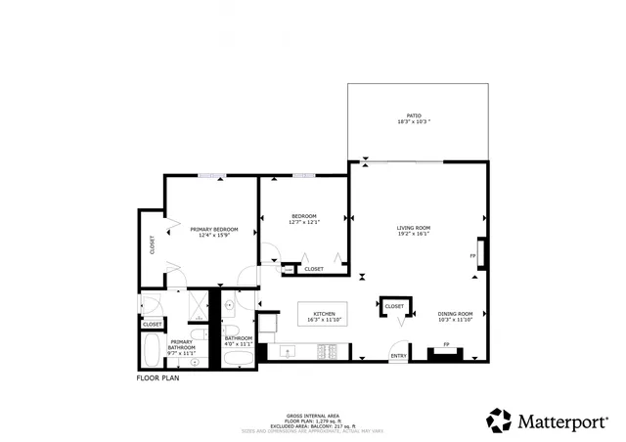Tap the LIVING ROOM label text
point(414,231)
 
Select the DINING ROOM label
point(455,316)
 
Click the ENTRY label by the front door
point(399,356)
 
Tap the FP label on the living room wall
point(472,256)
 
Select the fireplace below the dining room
point(447,353)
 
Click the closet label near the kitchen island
point(394,306)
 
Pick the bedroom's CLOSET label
point(314,269)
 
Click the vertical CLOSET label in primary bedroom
point(153,244)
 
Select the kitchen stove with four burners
point(329,351)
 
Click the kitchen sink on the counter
point(289,351)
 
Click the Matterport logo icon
point(500,420)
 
